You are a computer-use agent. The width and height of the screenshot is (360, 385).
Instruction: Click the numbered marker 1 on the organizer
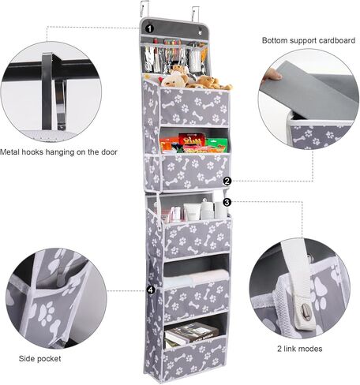click(x=151, y=29)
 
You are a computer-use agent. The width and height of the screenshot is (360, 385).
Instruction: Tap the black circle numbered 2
click(x=227, y=181)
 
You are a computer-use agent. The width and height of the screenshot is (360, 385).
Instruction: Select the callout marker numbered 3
click(x=227, y=202)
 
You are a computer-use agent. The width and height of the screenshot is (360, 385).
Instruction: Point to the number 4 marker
click(x=150, y=290)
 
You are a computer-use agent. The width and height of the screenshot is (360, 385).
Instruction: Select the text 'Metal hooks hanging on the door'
click(x=59, y=151)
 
